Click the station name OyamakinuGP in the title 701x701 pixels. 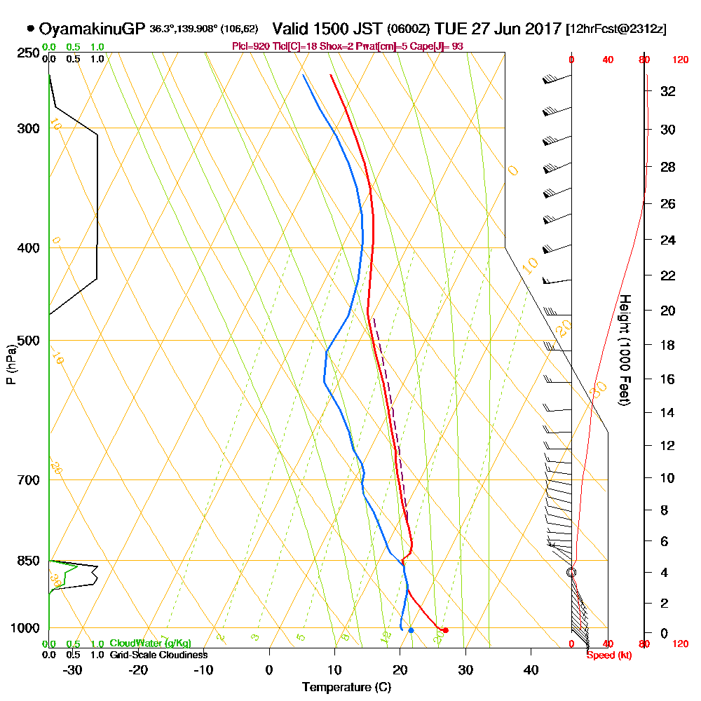93,29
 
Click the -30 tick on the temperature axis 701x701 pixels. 72,669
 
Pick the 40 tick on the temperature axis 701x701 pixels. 531,669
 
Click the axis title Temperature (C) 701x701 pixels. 346,688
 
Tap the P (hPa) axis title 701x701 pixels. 11,364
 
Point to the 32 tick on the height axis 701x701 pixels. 668,91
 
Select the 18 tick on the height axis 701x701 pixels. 668,345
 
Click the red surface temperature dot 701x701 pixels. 445,630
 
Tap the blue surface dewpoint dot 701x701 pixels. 411,630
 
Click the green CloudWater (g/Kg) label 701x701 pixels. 150,644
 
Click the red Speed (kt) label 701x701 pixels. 605,655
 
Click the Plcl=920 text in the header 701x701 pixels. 248,46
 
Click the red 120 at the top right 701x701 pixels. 680,60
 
